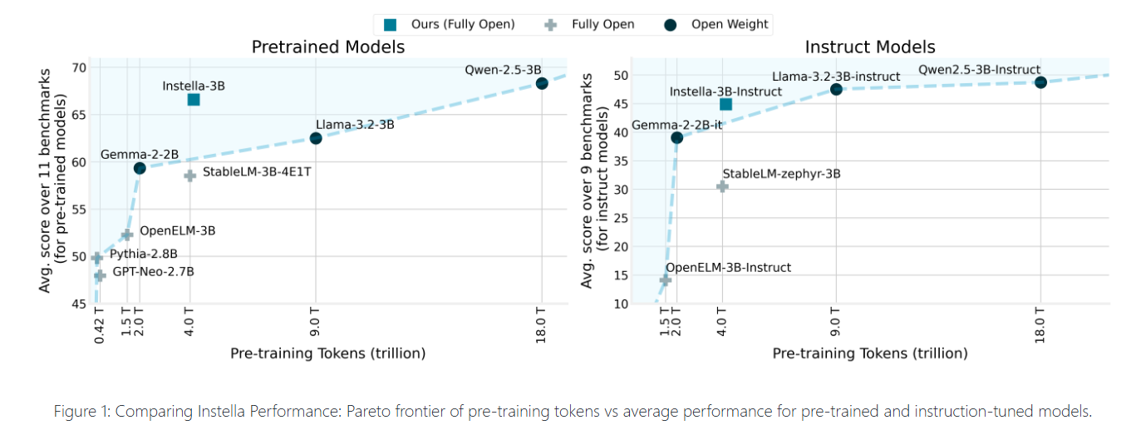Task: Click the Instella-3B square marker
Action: point(194,100)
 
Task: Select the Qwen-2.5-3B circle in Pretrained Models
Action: point(542,83)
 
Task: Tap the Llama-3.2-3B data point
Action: point(316,138)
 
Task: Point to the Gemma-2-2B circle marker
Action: point(140,168)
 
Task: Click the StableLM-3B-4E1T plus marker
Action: point(189,176)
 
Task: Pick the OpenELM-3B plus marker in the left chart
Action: point(127,235)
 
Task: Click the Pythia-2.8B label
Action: point(144,255)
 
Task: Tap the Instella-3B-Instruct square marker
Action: point(725,104)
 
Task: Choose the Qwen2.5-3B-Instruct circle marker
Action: point(1040,82)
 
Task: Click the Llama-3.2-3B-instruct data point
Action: point(836,89)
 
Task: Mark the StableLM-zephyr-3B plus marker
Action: point(722,186)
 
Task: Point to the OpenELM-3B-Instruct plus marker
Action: point(665,280)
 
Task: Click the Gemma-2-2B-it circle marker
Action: point(676,137)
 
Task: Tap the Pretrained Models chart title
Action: point(328,47)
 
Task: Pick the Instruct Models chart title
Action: point(869,47)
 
